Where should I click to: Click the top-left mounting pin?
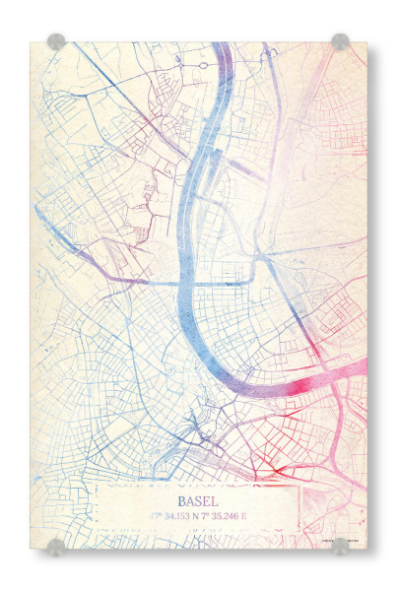57,41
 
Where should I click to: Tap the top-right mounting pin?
340,41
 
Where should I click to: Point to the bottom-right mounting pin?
340,546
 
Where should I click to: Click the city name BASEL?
199,501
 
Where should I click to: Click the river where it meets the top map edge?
223,46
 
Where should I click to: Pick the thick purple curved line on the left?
99,266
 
